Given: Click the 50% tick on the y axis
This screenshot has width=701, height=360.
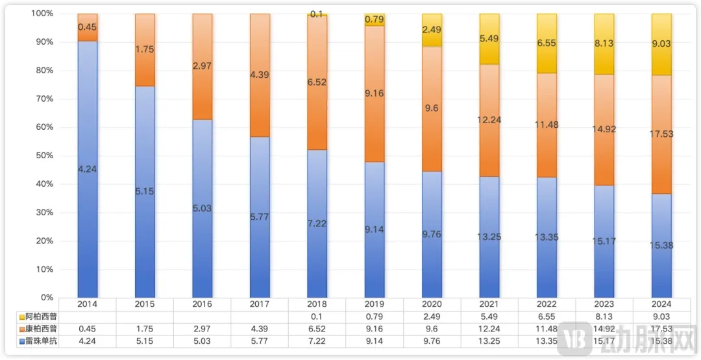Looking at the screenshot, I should tap(43, 156).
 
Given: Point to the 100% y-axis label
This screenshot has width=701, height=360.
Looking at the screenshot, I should tap(42, 14).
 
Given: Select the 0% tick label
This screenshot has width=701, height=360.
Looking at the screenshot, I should tap(45, 298).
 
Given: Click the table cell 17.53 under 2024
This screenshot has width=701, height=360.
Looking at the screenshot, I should tap(661, 329).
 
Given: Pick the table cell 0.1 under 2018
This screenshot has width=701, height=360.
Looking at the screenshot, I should tap(317, 317).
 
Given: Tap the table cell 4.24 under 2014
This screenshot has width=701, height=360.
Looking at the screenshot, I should tap(87, 341).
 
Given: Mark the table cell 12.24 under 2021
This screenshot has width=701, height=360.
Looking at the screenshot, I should tap(489, 329).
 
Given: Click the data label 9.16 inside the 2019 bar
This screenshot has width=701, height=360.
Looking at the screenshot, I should tap(375, 93).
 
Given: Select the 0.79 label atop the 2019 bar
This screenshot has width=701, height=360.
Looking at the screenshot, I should tap(375, 19).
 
